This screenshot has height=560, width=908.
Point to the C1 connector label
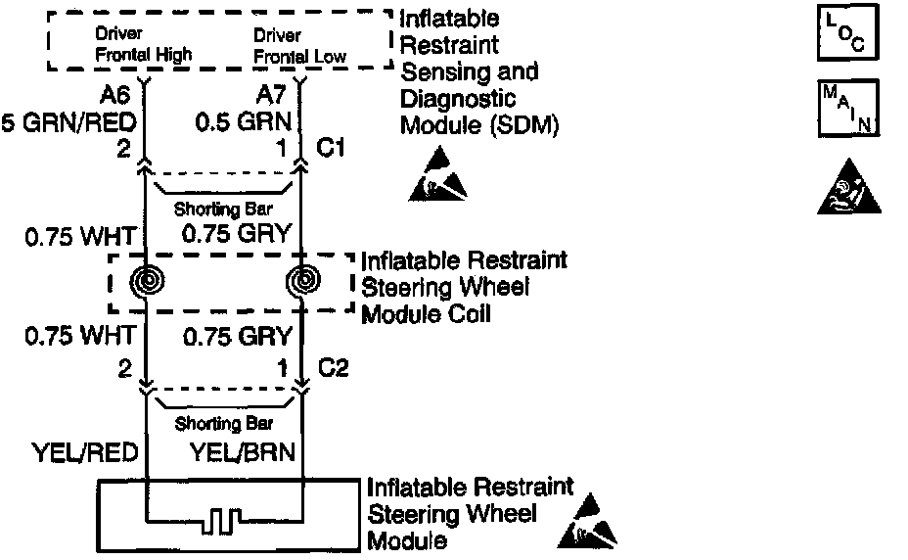point(330,150)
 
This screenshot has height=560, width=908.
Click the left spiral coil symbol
point(147,282)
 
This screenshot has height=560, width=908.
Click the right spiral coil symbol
point(300,282)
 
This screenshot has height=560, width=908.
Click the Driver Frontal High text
point(144,44)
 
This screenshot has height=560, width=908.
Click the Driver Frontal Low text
point(300,44)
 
